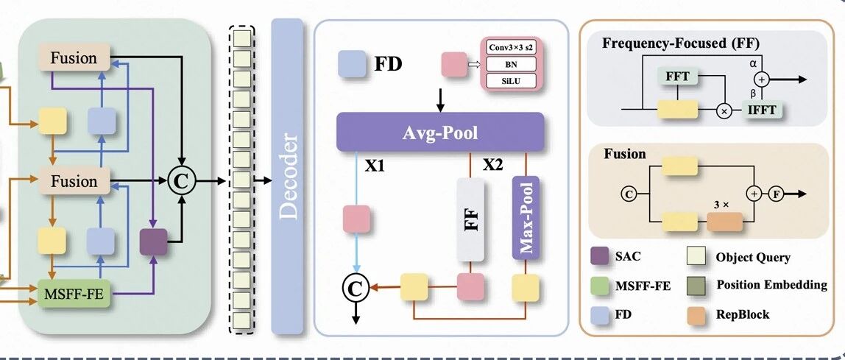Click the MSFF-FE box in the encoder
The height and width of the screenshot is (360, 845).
(x=74, y=294)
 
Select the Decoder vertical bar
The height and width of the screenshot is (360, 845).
(x=287, y=176)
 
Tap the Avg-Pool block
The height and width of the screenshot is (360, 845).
(x=439, y=132)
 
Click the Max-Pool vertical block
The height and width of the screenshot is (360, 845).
(x=525, y=218)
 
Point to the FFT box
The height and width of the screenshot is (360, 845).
(x=677, y=77)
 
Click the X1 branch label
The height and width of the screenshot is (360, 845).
(x=375, y=166)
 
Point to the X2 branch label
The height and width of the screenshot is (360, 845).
(x=492, y=164)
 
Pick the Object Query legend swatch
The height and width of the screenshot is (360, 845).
(x=696, y=257)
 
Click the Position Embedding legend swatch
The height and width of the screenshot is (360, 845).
(x=696, y=286)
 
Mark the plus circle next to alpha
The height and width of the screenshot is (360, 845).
(x=762, y=80)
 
